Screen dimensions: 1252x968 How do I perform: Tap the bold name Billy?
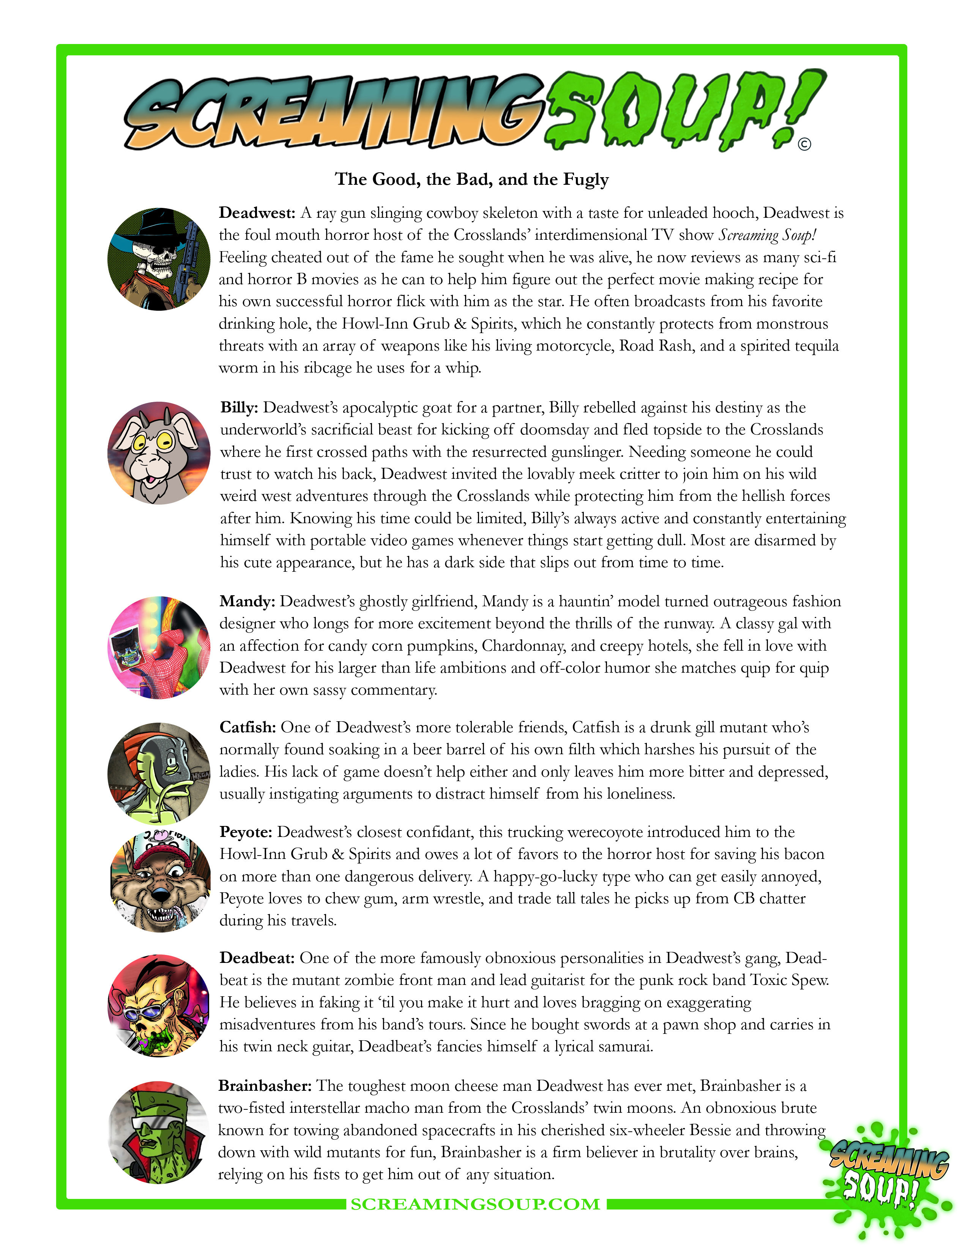239,407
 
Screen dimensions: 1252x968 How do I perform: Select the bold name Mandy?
247,601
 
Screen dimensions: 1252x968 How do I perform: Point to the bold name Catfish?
248,727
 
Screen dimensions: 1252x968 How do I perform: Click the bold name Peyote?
246,832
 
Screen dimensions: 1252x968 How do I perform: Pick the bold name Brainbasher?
265,1086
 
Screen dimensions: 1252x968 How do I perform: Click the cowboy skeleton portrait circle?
159,259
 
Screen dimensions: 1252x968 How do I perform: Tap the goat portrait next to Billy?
159,453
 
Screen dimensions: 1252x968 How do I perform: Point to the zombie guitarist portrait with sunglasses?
159,1006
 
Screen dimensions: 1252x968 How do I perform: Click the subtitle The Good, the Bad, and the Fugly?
471,179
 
